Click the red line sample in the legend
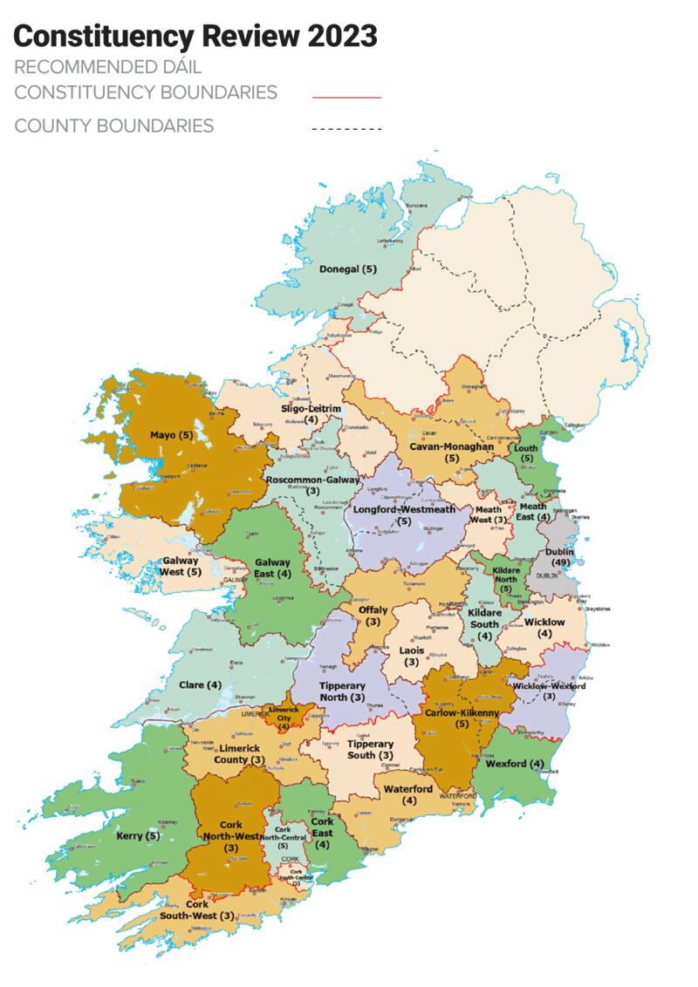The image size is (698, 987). (x=346, y=97)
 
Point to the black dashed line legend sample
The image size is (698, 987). (x=346, y=129)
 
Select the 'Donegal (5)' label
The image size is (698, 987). (x=347, y=269)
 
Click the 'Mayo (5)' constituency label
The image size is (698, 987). (x=171, y=434)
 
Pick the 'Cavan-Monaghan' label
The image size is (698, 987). (x=452, y=446)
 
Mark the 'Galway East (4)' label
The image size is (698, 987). (x=273, y=568)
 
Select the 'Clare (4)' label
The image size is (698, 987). (x=201, y=684)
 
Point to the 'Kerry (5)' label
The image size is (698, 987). (x=138, y=836)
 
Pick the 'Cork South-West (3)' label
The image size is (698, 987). (x=197, y=910)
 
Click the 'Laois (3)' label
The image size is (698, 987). (x=410, y=656)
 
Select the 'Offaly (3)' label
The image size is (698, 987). (x=373, y=616)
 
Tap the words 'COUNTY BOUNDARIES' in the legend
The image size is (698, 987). (x=113, y=126)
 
